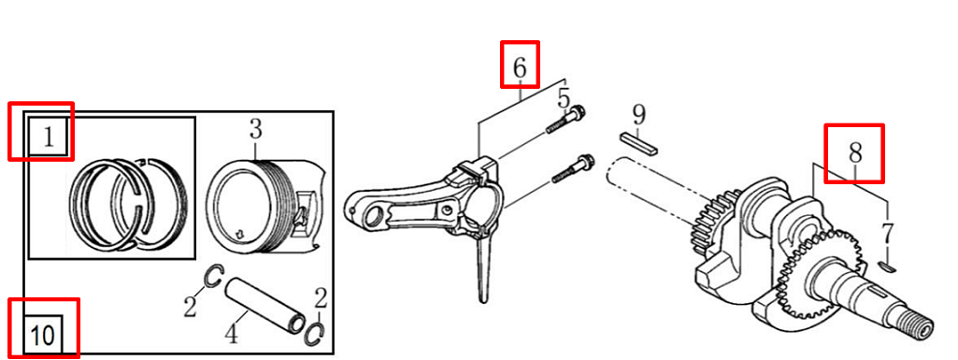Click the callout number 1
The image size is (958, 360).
tap(49, 137)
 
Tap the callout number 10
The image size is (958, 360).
tap(43, 335)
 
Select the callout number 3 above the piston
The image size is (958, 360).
tap(255, 130)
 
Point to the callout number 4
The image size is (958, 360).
tap(232, 335)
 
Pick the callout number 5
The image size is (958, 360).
tap(564, 99)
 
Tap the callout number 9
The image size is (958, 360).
tap(638, 114)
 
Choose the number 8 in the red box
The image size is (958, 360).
tap(855, 152)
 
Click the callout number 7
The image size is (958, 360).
tap(887, 234)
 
